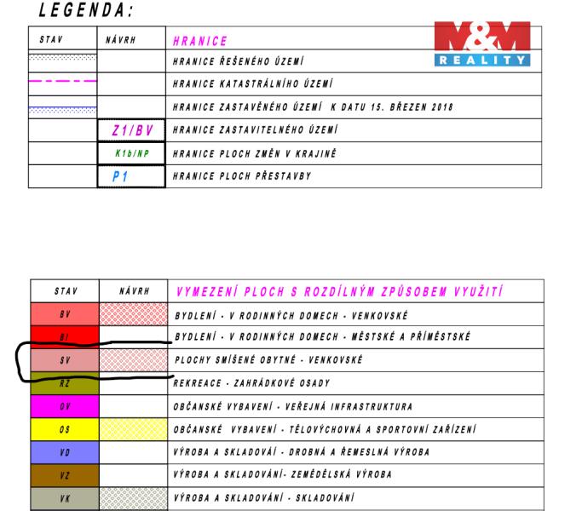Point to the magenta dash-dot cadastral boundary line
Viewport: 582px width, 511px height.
pos(62,83)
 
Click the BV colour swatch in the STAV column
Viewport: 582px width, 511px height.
pos(64,313)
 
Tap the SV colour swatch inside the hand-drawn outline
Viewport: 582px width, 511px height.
pos(64,359)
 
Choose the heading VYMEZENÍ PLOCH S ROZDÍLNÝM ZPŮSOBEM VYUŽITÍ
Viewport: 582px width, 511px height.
pos(337,290)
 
